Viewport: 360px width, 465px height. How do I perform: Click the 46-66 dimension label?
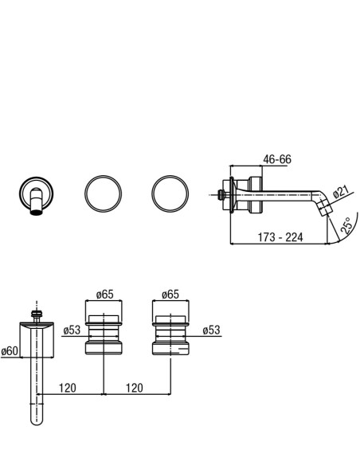click(x=277, y=159)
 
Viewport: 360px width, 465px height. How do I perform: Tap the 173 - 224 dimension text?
click(x=280, y=237)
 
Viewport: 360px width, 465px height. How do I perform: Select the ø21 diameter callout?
click(x=341, y=192)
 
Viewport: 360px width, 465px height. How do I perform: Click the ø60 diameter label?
click(x=10, y=351)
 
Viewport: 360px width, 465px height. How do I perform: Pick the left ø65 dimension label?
click(x=104, y=295)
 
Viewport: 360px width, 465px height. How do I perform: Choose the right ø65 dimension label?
click(x=170, y=295)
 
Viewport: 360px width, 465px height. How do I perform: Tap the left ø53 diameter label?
click(x=72, y=330)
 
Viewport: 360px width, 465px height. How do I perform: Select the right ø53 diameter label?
click(x=211, y=330)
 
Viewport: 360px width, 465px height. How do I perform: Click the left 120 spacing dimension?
click(x=68, y=388)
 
